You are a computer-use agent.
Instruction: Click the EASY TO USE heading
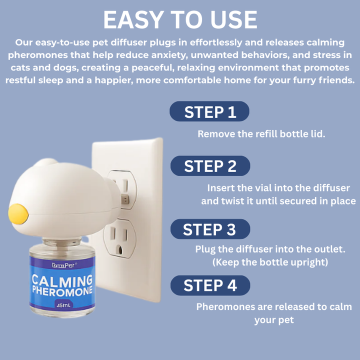coord(180,19)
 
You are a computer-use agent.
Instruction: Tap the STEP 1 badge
coord(209,112)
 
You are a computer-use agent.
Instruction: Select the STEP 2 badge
coord(210,166)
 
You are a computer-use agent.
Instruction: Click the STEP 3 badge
coord(209,230)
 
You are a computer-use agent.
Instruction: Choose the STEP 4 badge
coord(210,285)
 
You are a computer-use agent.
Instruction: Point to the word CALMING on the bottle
coord(62,280)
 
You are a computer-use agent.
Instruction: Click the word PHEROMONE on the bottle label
coord(62,290)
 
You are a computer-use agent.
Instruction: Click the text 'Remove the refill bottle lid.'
coord(261,134)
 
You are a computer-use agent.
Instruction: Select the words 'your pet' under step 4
coord(273,319)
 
